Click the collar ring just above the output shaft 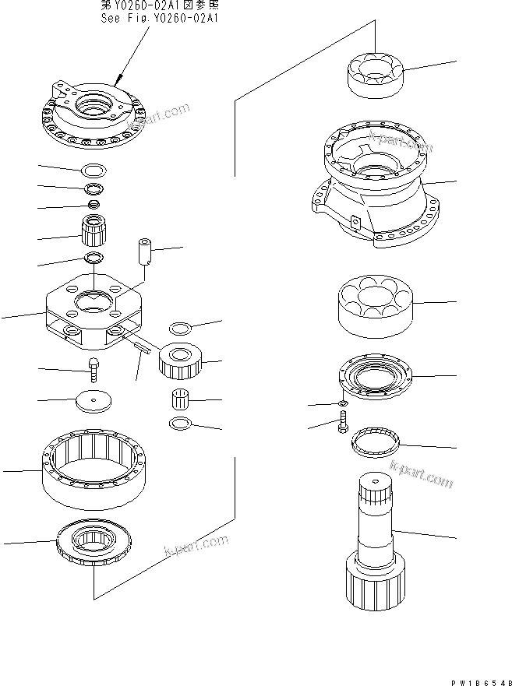click(x=375, y=445)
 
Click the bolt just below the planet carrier click(x=93, y=368)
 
